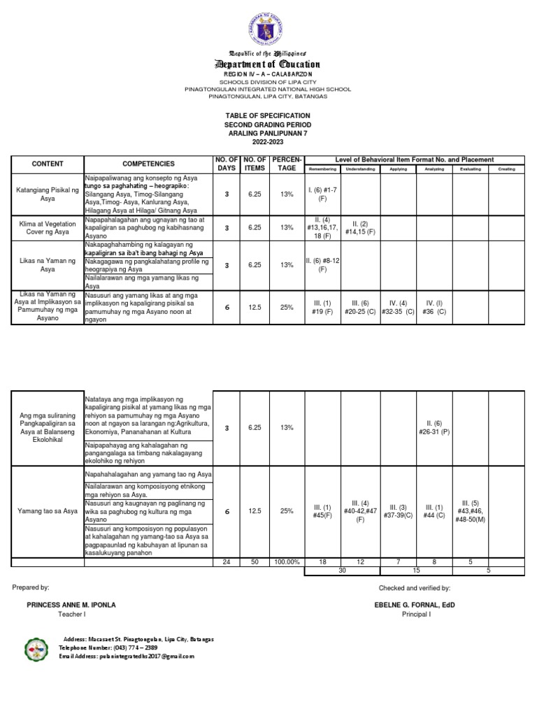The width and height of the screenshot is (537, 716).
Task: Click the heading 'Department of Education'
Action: tap(268, 64)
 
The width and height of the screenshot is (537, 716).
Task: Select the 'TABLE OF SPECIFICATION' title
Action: tap(268, 115)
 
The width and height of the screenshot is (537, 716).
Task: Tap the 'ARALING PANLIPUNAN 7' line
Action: tap(268, 133)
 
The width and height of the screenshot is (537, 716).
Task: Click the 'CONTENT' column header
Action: tap(47, 164)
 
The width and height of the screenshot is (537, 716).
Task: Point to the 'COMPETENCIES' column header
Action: tap(148, 164)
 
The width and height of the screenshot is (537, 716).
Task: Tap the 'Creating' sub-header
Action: tap(506, 169)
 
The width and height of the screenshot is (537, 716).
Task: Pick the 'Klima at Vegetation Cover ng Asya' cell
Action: tap(47, 227)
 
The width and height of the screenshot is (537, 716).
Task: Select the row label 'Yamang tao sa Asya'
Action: tap(47, 511)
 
